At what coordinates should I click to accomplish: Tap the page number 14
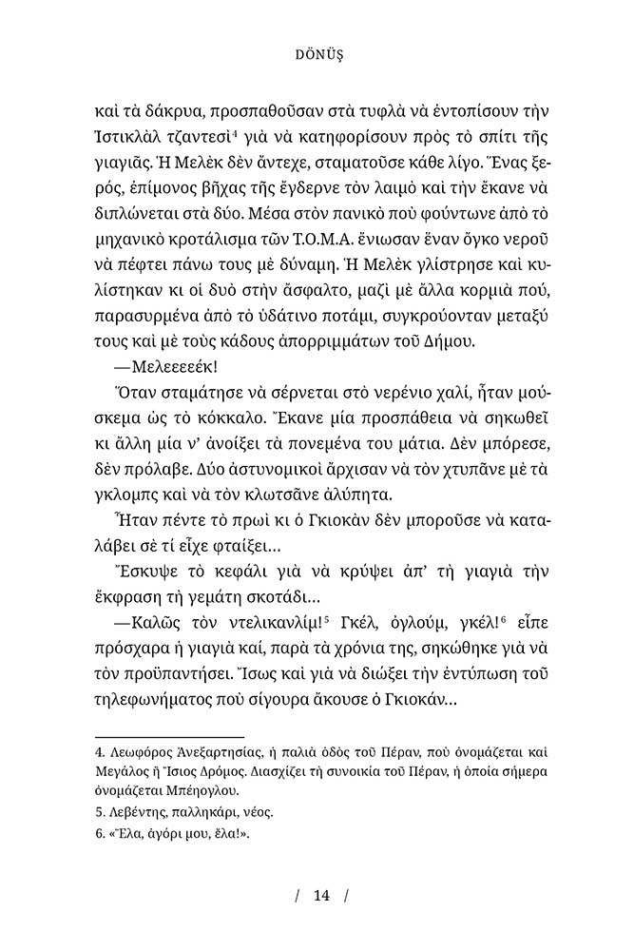point(320,895)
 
